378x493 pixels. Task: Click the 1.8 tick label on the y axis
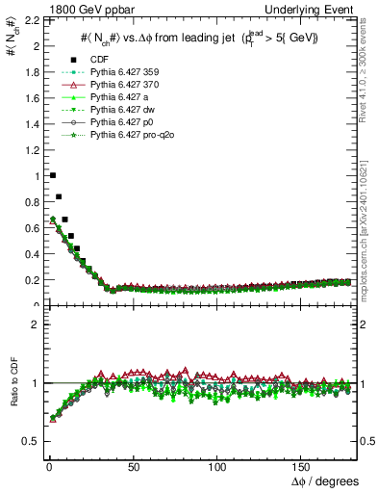pyautogui.click(x=28, y=72)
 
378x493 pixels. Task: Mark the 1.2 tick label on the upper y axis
pyautogui.click(x=28, y=150)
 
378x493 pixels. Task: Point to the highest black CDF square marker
pyautogui.click(x=52, y=175)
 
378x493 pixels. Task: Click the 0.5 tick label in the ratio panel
pyautogui.click(x=28, y=441)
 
